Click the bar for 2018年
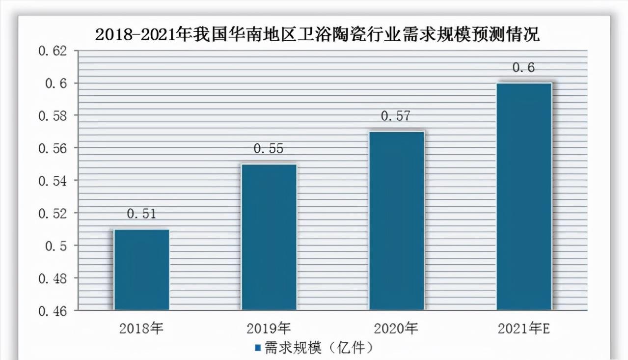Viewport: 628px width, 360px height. click(x=141, y=270)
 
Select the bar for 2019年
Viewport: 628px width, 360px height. click(x=269, y=237)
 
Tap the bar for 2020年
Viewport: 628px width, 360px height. click(x=396, y=221)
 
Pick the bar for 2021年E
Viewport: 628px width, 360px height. click(x=524, y=196)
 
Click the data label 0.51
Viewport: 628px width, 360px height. click(x=141, y=214)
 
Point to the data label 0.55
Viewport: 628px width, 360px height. click(x=269, y=148)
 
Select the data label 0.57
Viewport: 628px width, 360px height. click(x=396, y=116)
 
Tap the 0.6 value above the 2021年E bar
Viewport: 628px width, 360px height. click(x=524, y=68)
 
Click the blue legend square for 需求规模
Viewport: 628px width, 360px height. click(x=257, y=348)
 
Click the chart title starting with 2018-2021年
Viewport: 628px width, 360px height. click(x=317, y=35)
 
